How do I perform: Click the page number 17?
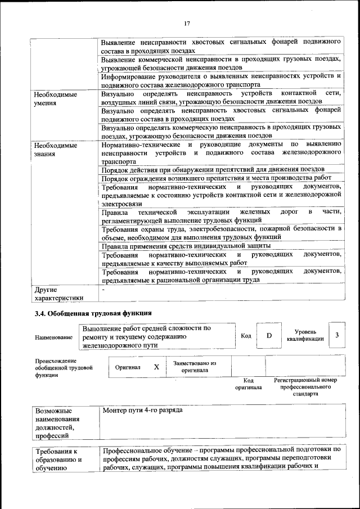click(187, 23)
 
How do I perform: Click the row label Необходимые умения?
click(55, 98)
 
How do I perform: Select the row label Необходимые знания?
click(55, 149)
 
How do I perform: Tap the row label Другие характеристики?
click(58, 294)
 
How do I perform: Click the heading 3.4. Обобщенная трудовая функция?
click(93, 313)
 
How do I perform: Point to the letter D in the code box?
click(269, 336)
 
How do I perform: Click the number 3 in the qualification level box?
click(336, 335)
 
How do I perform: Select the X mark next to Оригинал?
click(156, 366)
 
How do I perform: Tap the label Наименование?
click(53, 337)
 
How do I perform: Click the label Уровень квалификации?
click(305, 336)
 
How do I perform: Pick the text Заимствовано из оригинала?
click(195, 367)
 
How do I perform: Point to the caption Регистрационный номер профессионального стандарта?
click(305, 388)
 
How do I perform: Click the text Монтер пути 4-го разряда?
click(143, 411)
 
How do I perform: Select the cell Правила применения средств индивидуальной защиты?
click(186, 246)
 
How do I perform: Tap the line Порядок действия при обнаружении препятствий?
click(213, 169)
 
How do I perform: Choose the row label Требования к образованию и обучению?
click(58, 460)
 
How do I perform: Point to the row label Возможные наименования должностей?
click(57, 423)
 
